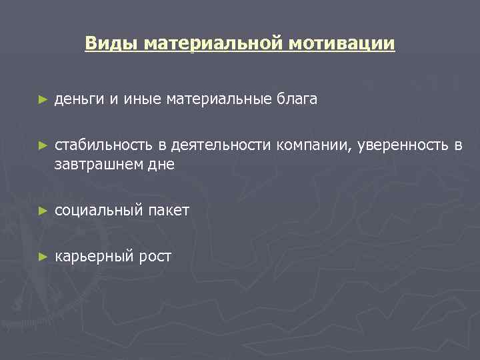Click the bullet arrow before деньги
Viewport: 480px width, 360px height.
coord(43,99)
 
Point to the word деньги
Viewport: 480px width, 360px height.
coord(79,100)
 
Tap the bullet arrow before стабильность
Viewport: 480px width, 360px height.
coord(43,145)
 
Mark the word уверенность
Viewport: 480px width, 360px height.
coord(400,145)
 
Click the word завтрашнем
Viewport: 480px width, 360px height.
coord(100,164)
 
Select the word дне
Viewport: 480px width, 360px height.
coord(163,164)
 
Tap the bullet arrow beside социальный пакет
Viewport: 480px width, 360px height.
coord(43,210)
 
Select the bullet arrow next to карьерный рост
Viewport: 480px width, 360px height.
coord(43,255)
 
